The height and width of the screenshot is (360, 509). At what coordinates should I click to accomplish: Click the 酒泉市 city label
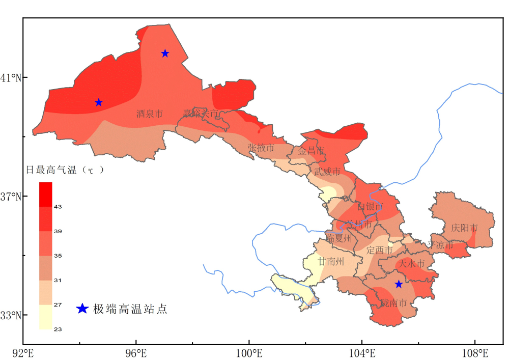pyautogui.click(x=150, y=114)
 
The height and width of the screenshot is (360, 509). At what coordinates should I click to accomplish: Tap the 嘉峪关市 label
pyautogui.click(x=201, y=114)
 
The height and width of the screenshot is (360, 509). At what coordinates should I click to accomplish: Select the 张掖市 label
pyautogui.click(x=261, y=148)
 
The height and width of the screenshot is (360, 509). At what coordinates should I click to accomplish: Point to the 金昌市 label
pyautogui.click(x=311, y=151)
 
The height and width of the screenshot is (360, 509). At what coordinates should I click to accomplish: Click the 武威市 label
pyautogui.click(x=327, y=172)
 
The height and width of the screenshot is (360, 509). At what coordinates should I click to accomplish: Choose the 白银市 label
pyautogui.click(x=369, y=207)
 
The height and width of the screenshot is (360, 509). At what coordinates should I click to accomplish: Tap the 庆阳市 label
pyautogui.click(x=464, y=228)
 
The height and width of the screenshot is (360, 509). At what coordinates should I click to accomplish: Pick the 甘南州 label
pyautogui.click(x=331, y=262)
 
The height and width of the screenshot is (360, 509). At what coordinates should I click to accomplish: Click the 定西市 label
pyautogui.click(x=380, y=250)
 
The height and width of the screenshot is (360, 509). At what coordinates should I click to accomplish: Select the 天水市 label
pyautogui.click(x=411, y=264)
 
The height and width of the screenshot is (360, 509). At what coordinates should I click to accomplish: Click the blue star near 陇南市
pyautogui.click(x=399, y=284)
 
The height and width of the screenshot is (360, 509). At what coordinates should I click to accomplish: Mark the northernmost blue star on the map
pyautogui.click(x=165, y=53)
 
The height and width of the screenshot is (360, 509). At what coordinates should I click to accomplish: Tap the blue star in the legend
pyautogui.click(x=82, y=309)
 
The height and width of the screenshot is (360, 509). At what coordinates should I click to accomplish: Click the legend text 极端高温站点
pyautogui.click(x=130, y=309)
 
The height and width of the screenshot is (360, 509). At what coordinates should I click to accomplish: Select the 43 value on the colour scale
pyautogui.click(x=58, y=207)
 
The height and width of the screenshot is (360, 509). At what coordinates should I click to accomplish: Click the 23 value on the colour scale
pyautogui.click(x=58, y=329)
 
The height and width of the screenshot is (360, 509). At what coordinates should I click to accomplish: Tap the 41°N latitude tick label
pyautogui.click(x=10, y=78)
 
